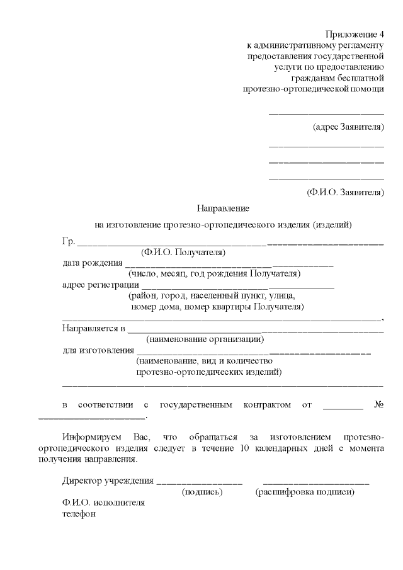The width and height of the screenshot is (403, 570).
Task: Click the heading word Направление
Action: (x=224, y=207)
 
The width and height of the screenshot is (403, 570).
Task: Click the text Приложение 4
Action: (x=355, y=33)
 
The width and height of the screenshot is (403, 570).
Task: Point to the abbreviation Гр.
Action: (x=68, y=241)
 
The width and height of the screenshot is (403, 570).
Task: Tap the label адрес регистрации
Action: (x=100, y=285)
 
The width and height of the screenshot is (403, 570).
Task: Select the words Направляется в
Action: (x=94, y=328)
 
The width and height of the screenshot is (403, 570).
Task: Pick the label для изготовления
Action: (x=98, y=350)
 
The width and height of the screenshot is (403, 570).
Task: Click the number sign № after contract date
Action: (x=378, y=404)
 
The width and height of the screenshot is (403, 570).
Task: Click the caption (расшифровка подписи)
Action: (x=305, y=492)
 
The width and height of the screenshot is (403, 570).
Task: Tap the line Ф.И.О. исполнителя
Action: (x=103, y=503)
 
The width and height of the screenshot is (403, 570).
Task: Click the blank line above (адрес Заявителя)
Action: (x=326, y=114)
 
